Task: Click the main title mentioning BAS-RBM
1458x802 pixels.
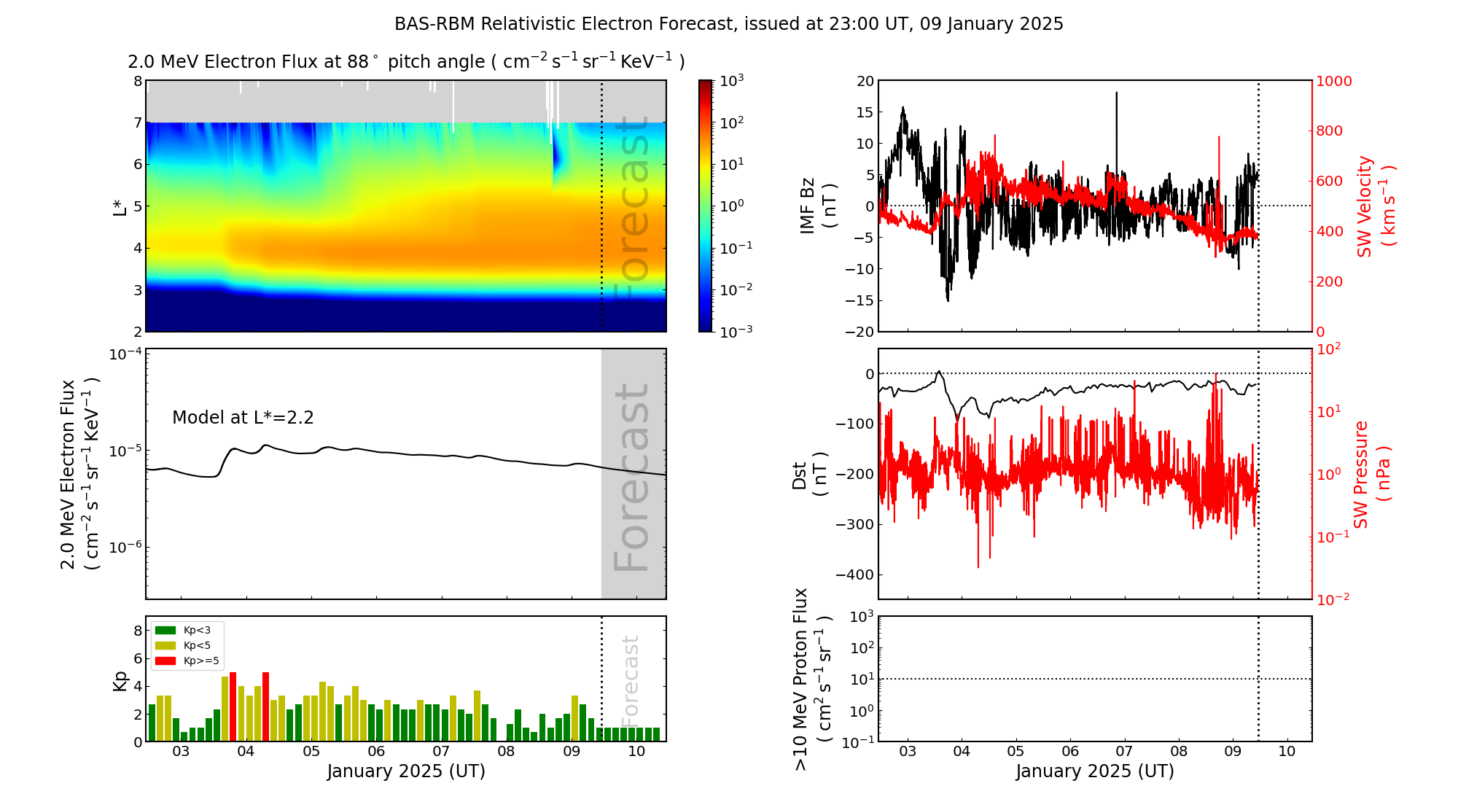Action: pyautogui.click(x=729, y=24)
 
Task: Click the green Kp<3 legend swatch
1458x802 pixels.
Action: pyautogui.click(x=165, y=630)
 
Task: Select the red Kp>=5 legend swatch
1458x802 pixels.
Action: pyautogui.click(x=165, y=661)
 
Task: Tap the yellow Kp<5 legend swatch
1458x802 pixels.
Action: pyautogui.click(x=165, y=645)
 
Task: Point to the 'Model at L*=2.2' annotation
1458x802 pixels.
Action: pyautogui.click(x=243, y=418)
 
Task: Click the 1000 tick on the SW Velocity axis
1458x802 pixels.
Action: pyautogui.click(x=1333, y=81)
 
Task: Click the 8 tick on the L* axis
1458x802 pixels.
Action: pyautogui.click(x=138, y=81)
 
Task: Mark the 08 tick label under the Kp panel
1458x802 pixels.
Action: pyautogui.click(x=506, y=752)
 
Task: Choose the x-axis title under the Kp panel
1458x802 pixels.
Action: pyautogui.click(x=406, y=771)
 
